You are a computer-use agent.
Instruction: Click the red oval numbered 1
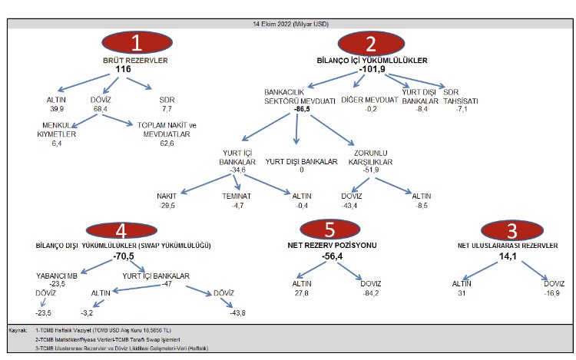pos(137,42)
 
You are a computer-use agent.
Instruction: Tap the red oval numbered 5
pos(330,230)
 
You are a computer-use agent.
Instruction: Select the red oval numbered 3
pos(512,230)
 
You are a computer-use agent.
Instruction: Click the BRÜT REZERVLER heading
pos(135,61)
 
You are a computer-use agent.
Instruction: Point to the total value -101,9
pos(372,69)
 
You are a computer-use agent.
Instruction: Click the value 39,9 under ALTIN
pos(57,109)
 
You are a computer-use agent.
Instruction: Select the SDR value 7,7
pos(167,109)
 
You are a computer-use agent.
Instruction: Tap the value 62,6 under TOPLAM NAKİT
pos(167,144)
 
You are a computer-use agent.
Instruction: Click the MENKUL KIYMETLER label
pos(57,130)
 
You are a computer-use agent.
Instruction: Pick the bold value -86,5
pos(302,109)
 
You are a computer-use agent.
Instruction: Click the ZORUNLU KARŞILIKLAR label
pos(370,157)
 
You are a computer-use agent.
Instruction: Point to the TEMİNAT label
pos(237,197)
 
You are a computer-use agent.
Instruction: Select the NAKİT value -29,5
pos(167,206)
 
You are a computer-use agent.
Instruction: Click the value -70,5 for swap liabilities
pos(124,256)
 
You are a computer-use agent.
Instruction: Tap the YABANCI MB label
pos(57,276)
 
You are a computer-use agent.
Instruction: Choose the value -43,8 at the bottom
pos(237,313)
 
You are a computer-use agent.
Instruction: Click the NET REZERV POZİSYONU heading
pos(332,245)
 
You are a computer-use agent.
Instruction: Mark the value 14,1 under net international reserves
pos(508,256)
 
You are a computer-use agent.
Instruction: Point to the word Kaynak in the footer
pos(18,330)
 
